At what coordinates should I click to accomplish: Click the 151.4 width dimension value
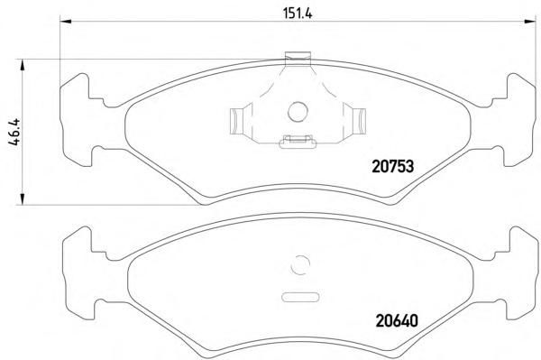pyautogui.click(x=297, y=14)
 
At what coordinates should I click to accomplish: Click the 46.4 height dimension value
pyautogui.click(x=15, y=133)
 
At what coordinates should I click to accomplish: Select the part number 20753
pyautogui.click(x=392, y=167)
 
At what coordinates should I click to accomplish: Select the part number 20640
pyautogui.click(x=397, y=321)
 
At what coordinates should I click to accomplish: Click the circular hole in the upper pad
pyautogui.click(x=298, y=112)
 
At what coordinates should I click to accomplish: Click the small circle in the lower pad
pyautogui.click(x=300, y=265)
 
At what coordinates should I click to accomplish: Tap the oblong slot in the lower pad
pyautogui.click(x=300, y=297)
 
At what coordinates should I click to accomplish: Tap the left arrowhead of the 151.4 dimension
pyautogui.click(x=66, y=22)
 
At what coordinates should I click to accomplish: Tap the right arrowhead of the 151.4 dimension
pyautogui.click(x=530, y=22)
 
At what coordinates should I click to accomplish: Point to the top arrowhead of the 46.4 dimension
pyautogui.click(x=23, y=65)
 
